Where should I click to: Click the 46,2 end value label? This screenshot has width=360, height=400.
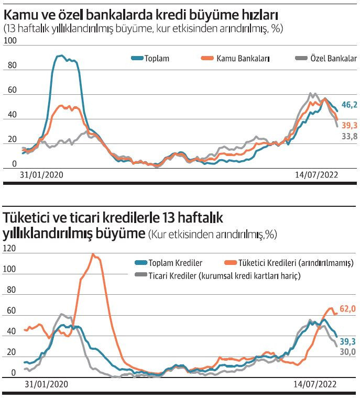click(349, 105)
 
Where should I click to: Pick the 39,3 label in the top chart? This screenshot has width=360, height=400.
click(349, 126)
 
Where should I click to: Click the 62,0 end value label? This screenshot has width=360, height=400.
click(348, 309)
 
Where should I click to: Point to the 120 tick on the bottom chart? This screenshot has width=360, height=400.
click(9, 249)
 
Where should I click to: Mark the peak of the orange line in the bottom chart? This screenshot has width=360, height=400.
click(93, 255)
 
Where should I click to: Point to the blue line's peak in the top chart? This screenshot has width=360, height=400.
click(61, 55)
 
